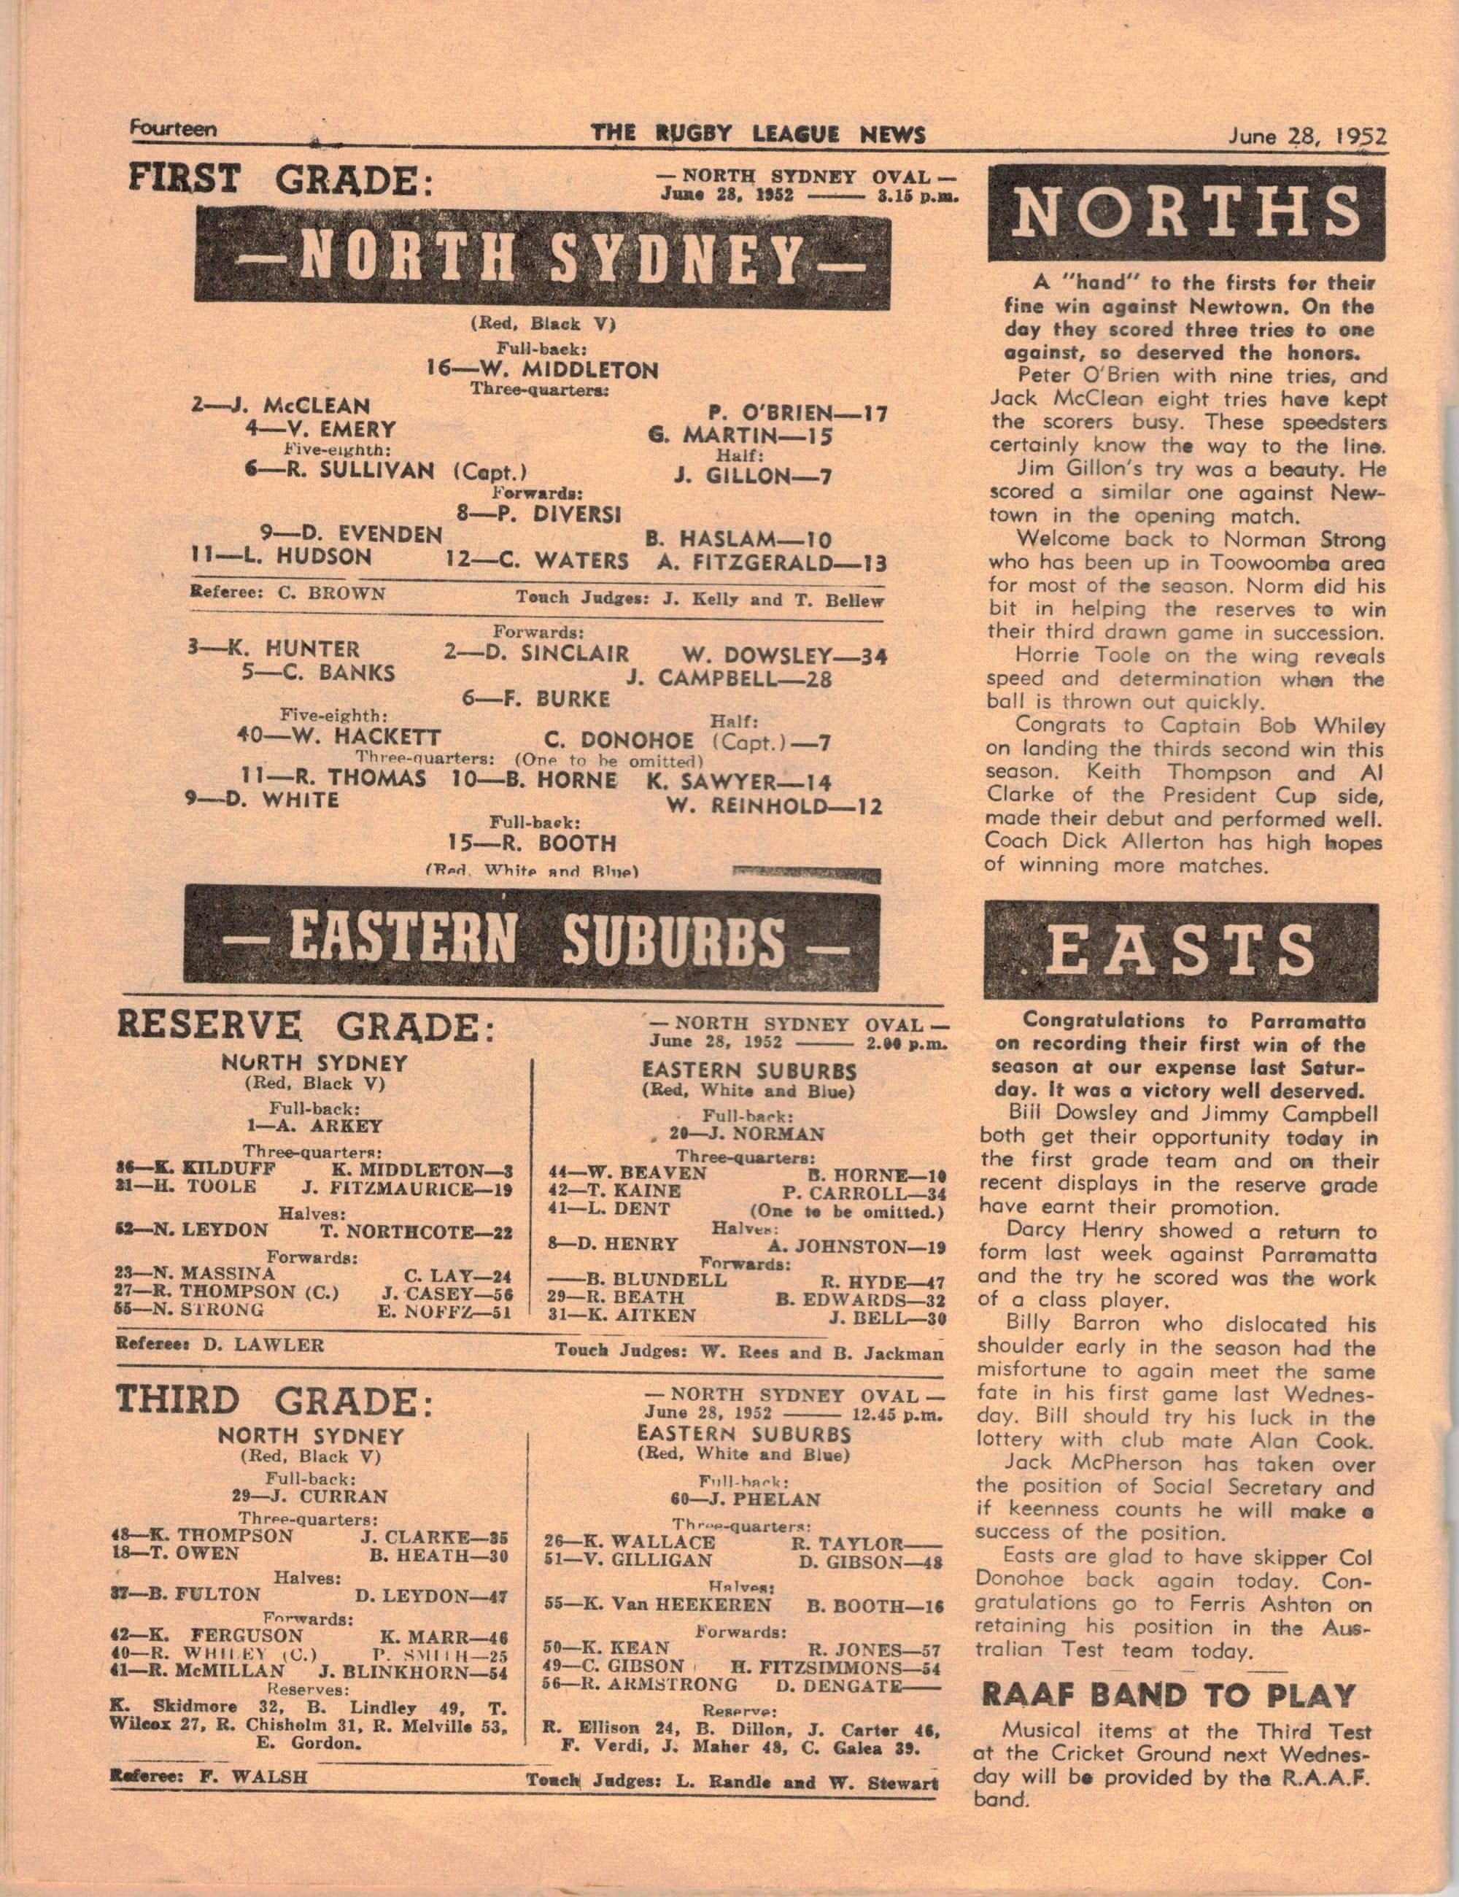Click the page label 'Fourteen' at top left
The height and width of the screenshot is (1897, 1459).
click(x=173, y=129)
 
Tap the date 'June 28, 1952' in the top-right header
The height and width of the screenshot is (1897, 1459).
click(x=1307, y=136)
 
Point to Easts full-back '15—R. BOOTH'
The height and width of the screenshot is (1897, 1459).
click(x=533, y=843)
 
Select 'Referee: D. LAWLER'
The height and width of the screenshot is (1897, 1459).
click(x=219, y=1345)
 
